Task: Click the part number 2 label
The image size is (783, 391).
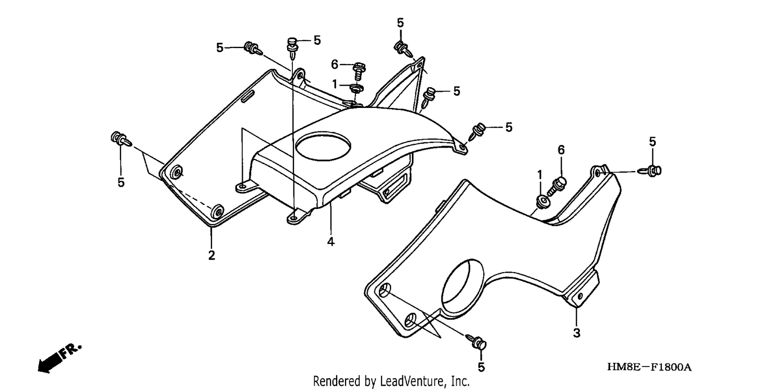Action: (x=211, y=255)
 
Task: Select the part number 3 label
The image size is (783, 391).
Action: (x=577, y=333)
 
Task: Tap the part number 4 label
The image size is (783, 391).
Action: (x=330, y=241)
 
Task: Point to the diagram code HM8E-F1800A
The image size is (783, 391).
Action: (x=649, y=367)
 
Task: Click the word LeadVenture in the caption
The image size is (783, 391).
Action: (x=412, y=381)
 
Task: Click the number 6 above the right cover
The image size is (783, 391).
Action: (x=561, y=150)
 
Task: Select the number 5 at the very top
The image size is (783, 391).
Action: (x=400, y=23)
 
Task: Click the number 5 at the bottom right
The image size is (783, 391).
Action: (x=481, y=367)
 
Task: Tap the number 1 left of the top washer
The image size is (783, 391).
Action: (x=335, y=84)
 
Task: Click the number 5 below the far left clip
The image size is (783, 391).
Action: (x=121, y=182)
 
